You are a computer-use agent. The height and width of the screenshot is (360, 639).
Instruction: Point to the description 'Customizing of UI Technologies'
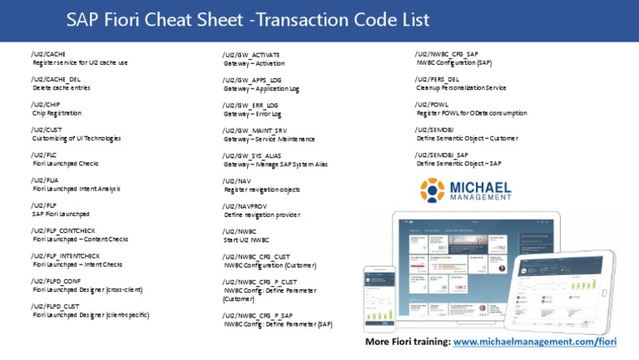(x=77, y=138)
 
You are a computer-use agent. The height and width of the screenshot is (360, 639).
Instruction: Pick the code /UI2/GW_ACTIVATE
(x=251, y=54)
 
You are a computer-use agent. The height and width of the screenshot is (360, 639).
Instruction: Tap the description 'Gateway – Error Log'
(x=253, y=114)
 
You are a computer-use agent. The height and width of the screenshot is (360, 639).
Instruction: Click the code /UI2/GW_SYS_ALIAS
(x=253, y=155)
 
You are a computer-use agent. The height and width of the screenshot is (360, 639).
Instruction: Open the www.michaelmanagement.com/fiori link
(x=535, y=343)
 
